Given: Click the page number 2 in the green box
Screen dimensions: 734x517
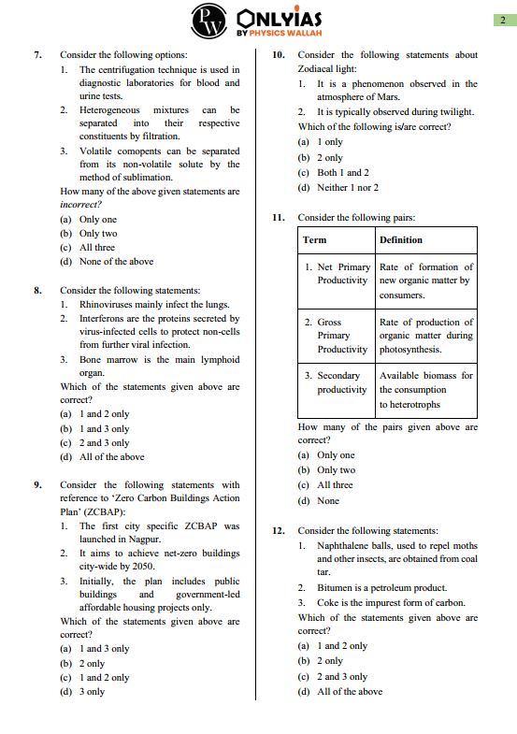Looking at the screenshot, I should [502, 21].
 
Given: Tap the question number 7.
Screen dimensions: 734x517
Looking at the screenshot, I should [37, 55].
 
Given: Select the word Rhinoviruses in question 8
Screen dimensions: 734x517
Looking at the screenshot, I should [111, 304].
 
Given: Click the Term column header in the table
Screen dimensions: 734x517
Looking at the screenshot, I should [315, 240].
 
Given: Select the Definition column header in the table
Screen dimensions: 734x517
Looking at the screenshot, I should [400, 240].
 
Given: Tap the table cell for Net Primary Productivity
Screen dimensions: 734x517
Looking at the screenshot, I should [337, 274].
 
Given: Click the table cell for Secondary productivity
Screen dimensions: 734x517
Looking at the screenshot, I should [337, 382].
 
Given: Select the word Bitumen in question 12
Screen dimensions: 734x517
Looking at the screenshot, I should [336, 588].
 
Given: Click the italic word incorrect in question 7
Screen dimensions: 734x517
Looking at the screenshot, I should [79, 204].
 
